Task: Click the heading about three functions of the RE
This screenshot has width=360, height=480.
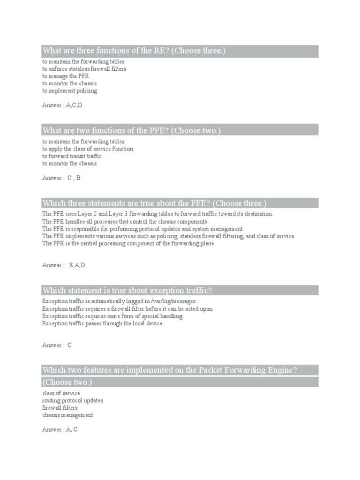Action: [x=134, y=51]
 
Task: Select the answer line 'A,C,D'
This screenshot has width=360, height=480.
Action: [x=62, y=105]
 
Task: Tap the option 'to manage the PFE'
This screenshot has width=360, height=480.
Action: [x=65, y=76]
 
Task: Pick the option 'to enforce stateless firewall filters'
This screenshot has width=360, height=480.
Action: [x=84, y=69]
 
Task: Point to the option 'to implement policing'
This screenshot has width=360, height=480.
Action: [x=69, y=91]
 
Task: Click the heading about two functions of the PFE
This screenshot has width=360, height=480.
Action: [x=131, y=130]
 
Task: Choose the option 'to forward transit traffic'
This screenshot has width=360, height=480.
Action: [x=72, y=156]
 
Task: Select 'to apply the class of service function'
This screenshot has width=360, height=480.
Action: [x=88, y=149]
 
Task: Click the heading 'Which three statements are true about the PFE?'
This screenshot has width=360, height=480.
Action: [x=154, y=203]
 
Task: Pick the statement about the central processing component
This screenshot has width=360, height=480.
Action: [x=128, y=244]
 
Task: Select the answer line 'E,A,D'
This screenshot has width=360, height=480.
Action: [x=63, y=265]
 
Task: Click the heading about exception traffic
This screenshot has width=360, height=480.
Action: [x=127, y=291]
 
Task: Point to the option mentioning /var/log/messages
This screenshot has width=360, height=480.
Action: [x=119, y=301]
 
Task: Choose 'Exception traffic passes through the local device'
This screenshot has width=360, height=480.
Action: [x=103, y=323]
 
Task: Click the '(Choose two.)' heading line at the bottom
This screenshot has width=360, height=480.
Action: [x=67, y=382]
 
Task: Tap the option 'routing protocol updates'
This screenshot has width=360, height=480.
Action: [x=73, y=401]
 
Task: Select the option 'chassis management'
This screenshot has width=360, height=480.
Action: [x=67, y=415]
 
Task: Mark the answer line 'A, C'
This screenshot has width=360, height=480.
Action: [x=60, y=429]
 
